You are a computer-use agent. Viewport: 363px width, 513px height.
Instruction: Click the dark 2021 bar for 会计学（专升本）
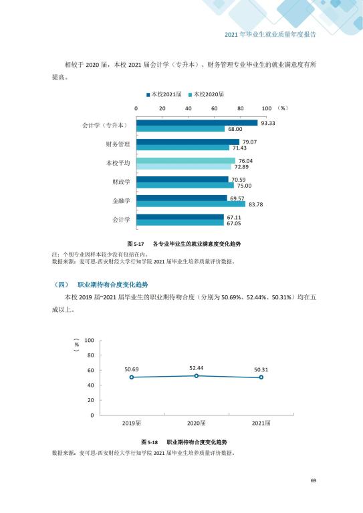197,123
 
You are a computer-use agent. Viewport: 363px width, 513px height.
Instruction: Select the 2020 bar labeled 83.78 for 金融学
191,204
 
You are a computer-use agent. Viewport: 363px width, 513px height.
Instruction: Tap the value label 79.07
249,142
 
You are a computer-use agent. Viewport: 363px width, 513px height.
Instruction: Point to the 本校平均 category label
118,163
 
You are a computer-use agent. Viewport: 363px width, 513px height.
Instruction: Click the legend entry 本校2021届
164,94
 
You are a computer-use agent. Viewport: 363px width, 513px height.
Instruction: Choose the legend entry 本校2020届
206,94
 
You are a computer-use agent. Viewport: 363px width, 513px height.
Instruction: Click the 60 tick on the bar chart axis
214,108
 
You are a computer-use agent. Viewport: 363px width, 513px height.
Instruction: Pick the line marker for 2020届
197,376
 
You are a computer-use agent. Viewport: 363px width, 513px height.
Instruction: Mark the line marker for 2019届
132,377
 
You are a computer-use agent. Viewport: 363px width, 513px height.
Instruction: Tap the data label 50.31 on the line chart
261,369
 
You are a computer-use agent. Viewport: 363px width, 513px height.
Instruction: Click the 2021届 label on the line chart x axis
261,423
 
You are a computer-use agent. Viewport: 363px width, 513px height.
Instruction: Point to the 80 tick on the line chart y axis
90,355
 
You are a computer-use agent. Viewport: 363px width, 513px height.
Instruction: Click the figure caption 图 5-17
136,244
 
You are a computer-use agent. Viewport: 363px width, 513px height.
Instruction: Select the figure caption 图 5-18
150,442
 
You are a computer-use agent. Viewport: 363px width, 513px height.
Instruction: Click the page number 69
314,481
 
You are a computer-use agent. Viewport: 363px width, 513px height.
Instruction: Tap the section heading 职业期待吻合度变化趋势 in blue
112,285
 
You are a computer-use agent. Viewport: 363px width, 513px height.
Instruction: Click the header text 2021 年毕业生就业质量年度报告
270,35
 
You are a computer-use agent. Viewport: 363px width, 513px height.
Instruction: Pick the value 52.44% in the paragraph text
256,297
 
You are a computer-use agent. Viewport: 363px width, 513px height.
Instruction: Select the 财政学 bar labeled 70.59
183,179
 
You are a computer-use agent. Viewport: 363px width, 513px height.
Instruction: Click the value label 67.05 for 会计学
234,224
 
